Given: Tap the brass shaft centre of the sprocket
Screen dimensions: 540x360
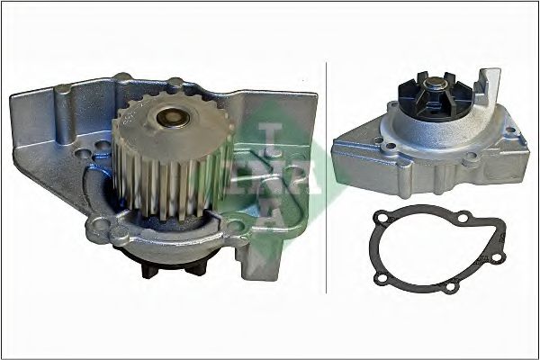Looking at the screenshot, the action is (x=173, y=117).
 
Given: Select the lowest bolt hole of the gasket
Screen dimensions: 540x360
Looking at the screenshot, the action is (x=450, y=286).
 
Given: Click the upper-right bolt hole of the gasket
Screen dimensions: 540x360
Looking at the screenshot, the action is (x=463, y=217).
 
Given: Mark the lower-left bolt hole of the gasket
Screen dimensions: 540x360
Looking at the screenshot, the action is (x=382, y=276).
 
